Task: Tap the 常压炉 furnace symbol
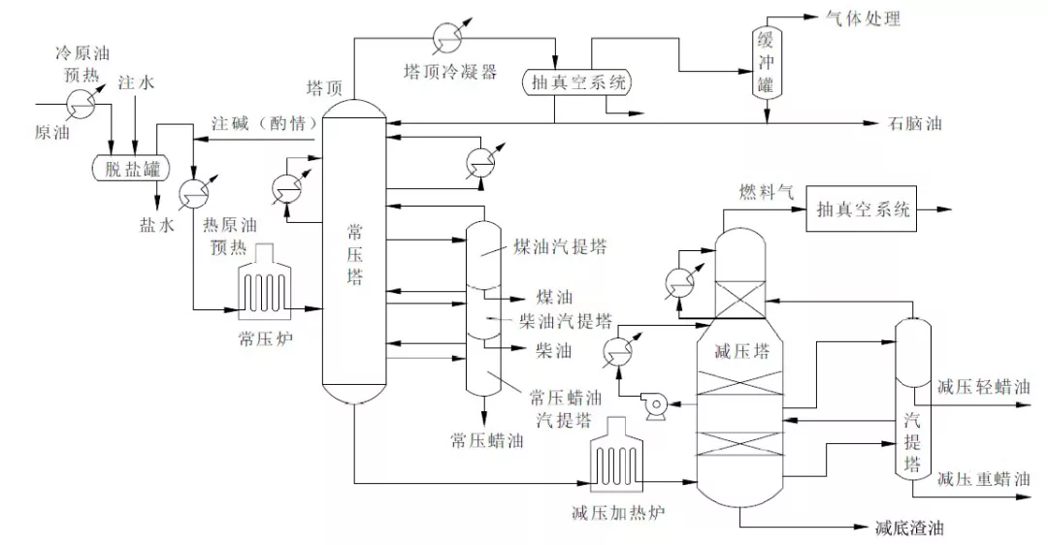(x=263, y=288)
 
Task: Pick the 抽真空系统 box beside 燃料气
(x=863, y=209)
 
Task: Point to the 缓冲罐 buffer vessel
(x=765, y=60)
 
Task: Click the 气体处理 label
(x=863, y=18)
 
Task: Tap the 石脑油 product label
(x=914, y=124)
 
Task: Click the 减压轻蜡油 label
(x=983, y=387)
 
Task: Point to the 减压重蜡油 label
(x=983, y=478)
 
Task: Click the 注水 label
(x=136, y=83)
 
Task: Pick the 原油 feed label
(x=52, y=130)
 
